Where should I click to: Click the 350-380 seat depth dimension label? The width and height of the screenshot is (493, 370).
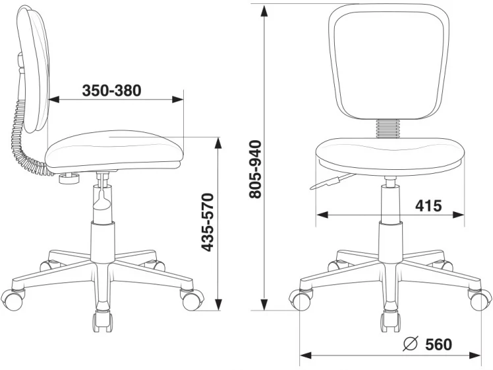pos(111,91)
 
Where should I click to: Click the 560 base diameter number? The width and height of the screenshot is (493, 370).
pos(438,344)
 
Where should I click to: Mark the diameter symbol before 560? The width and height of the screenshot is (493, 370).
pos(410,344)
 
